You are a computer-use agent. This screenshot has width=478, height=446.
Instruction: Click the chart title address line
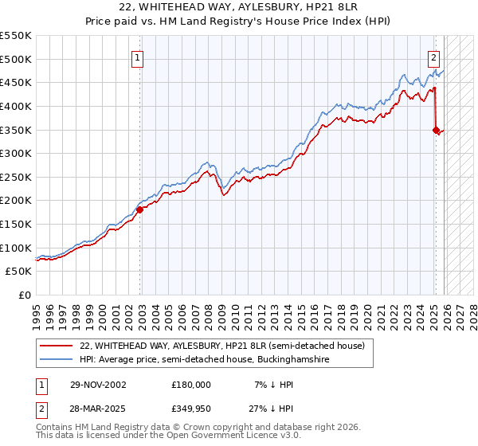point(239,7)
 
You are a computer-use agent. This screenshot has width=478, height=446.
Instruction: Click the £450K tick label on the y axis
point(16,82)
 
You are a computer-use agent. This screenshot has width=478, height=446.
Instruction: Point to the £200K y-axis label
point(16,201)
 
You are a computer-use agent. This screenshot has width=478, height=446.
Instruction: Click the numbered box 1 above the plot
point(138,57)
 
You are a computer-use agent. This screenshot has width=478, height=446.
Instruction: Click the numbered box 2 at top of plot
point(434,57)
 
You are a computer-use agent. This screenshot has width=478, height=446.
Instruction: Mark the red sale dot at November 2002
point(139,210)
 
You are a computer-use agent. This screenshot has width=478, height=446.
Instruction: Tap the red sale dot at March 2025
point(436,130)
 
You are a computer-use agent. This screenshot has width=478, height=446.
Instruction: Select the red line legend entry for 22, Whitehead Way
point(222,346)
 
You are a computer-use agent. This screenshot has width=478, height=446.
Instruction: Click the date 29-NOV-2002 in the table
point(98,384)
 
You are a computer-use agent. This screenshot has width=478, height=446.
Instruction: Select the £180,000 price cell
point(191,384)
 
